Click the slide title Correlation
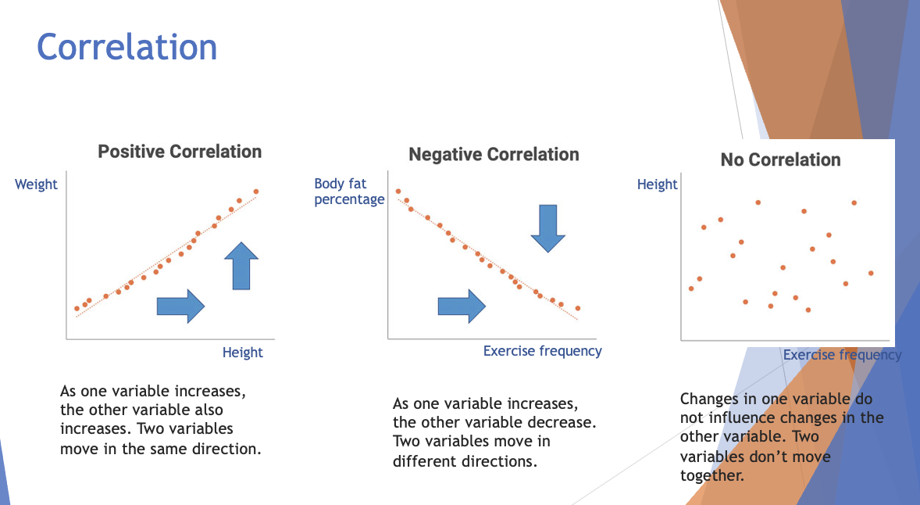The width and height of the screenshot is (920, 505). tap(127, 47)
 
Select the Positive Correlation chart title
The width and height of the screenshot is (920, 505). tap(180, 152)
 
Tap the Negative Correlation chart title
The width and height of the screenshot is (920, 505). tap(494, 155)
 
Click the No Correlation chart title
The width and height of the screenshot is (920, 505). tap(780, 160)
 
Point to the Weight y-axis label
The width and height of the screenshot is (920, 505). tap(36, 184)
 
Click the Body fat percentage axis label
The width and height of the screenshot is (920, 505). tap(349, 192)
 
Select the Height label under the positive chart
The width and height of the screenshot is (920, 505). tap(242, 353)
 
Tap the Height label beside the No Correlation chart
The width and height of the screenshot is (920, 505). tap(657, 184)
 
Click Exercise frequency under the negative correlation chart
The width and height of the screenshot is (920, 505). tap(542, 351)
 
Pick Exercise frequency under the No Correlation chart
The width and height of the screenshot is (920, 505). tap(842, 355)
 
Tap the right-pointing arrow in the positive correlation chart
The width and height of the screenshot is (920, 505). tap(180, 305)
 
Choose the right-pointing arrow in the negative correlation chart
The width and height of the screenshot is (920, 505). tap(462, 305)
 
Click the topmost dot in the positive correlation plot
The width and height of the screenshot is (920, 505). tap(255, 192)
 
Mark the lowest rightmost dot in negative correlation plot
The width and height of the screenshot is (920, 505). tap(577, 308)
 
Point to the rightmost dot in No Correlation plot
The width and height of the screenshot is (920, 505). tap(871, 273)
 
